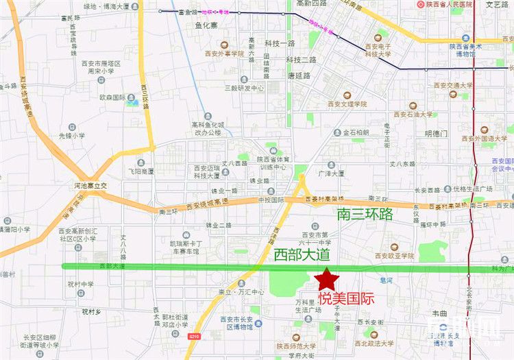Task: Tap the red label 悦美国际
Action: point(346,299)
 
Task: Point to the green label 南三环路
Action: point(365,214)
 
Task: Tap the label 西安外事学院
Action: point(224,53)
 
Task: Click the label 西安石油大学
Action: point(413,115)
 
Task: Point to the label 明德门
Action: point(436,133)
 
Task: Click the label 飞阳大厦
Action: point(141,171)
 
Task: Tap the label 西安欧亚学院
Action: point(394,256)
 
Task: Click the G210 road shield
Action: point(194,336)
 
